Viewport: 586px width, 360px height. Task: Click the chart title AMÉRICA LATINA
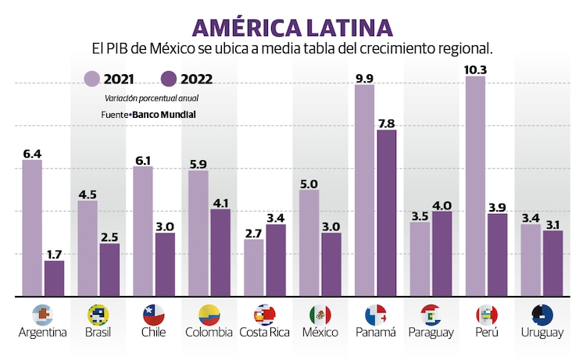coord(293,27)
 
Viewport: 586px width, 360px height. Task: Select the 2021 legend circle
coord(92,78)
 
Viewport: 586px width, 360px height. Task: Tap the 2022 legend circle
coord(170,78)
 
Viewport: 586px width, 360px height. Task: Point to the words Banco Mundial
coord(163,114)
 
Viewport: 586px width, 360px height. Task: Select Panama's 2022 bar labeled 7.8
coord(386,213)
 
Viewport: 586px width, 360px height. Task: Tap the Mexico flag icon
coord(320,315)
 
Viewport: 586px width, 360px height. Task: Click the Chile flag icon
coord(153,315)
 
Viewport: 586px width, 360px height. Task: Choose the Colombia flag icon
coord(209,315)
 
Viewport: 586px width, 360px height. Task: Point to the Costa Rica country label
coord(265,333)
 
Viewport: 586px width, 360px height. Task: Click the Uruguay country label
coord(541,333)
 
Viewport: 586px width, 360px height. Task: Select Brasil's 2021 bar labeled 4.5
coord(88,248)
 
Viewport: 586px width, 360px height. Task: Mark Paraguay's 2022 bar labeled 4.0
coord(441,254)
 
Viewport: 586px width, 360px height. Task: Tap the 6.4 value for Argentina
coord(32,153)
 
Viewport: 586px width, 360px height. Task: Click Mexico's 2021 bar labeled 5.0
coord(309,243)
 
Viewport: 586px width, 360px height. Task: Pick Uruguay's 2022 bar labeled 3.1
coord(552,263)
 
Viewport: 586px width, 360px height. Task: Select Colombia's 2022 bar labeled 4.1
coord(220,252)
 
